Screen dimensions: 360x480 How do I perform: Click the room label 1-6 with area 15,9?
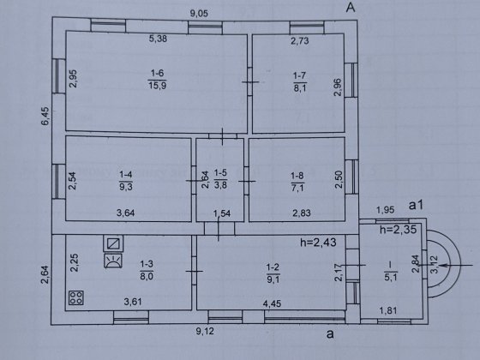click(x=157, y=80)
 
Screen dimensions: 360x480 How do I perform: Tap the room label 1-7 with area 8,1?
click(x=298, y=81)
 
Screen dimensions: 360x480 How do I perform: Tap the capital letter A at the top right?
click(x=350, y=8)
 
